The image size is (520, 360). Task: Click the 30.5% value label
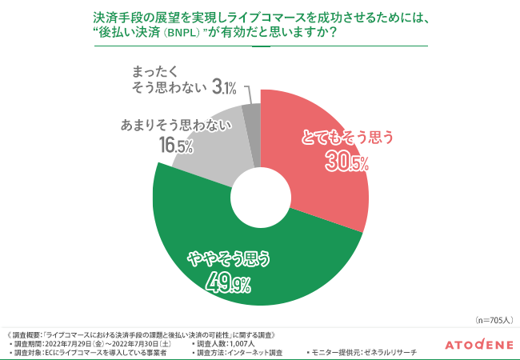pyautogui.click(x=346, y=162)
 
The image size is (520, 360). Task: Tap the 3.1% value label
pyautogui.click(x=223, y=86)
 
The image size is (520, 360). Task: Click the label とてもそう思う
pyautogui.click(x=346, y=138)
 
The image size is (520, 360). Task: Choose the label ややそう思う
pyautogui.click(x=228, y=258)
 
